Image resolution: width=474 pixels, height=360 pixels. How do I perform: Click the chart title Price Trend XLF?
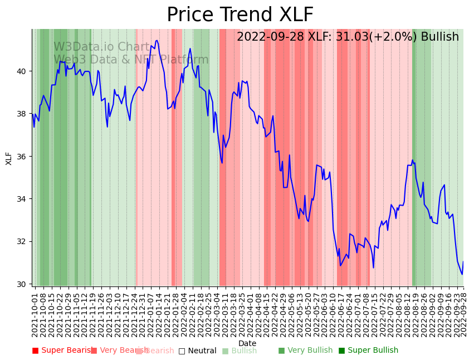tap(240, 15)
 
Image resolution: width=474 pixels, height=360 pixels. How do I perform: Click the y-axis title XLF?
tap(9, 158)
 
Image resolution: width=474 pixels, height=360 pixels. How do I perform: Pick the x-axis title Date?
tap(247, 343)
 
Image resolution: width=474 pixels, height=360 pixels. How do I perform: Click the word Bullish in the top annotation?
tap(440, 37)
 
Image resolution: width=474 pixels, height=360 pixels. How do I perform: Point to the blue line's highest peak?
tap(157, 40)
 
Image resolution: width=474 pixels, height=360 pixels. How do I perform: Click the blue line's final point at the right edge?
tap(463, 262)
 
